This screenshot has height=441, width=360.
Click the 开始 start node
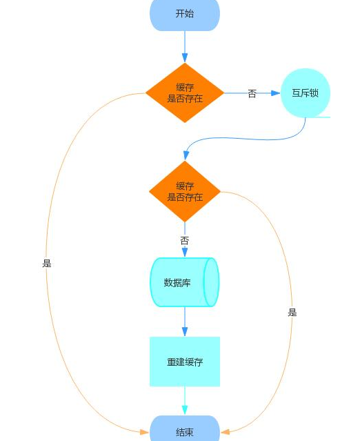point(184,14)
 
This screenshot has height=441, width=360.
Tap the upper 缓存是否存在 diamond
point(184,93)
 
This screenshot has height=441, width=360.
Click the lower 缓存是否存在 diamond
point(184,191)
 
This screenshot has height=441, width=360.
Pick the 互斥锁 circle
point(306,93)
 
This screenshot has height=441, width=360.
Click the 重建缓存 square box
point(184,362)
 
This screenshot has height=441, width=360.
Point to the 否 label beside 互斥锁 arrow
point(252,94)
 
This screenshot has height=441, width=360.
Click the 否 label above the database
point(184,241)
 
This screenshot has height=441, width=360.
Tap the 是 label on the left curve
point(47,263)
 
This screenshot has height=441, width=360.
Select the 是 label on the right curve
point(292,313)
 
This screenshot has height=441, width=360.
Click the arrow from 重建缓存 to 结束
point(184,400)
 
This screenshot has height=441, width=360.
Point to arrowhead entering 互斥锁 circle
point(277,93)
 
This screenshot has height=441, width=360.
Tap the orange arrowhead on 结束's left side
point(145,432)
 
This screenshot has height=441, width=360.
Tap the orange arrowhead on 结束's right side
point(224,432)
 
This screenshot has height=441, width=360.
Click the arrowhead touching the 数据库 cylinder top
point(184,253)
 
